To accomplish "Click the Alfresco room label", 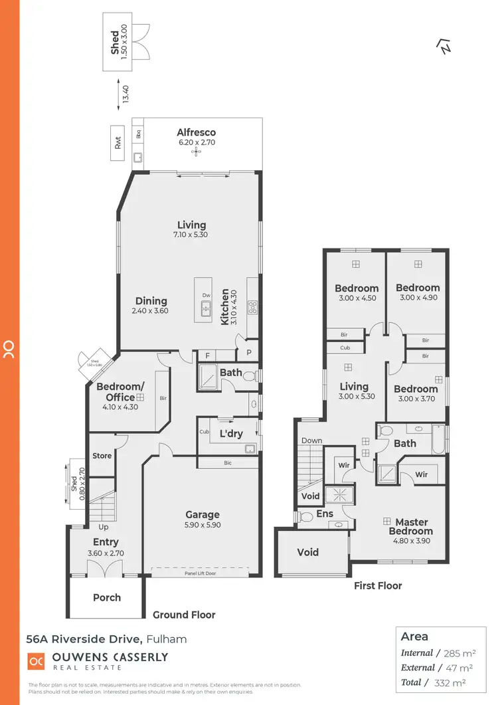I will pyautogui.click(x=196, y=132).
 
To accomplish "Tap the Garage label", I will pyautogui.click(x=203, y=514).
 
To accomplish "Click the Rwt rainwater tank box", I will pyautogui.click(x=118, y=143).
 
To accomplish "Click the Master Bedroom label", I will pyautogui.click(x=412, y=526).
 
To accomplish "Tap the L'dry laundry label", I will pyautogui.click(x=230, y=433).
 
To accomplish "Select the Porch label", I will pyautogui.click(x=107, y=597).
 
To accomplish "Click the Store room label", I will pyautogui.click(x=102, y=456).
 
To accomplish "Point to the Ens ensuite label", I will pyautogui.click(x=325, y=513).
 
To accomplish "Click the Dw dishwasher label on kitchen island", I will pyautogui.click(x=207, y=295).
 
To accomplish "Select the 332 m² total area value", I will pyautogui.click(x=451, y=682).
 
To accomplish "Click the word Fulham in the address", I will pyautogui.click(x=166, y=639).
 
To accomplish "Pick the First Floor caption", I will pyautogui.click(x=378, y=585).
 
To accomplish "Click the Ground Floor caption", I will pyautogui.click(x=184, y=615).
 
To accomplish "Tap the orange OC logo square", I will pyautogui.click(x=36, y=661).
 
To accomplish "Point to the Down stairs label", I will pyautogui.click(x=311, y=440).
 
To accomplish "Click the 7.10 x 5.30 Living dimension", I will pyautogui.click(x=191, y=235).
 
